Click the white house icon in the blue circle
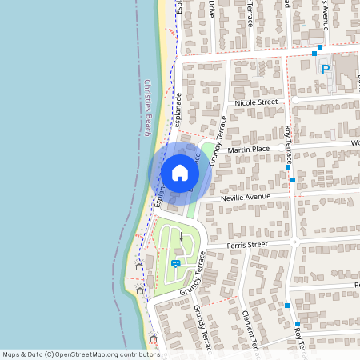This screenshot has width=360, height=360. [180, 172]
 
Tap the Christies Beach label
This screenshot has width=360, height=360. [148, 108]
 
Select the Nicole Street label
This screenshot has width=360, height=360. [255, 102]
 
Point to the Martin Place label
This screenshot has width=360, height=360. [249, 149]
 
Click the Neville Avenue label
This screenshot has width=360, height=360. [246, 197]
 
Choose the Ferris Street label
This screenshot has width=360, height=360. [246, 245]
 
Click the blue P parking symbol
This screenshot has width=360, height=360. [326, 70]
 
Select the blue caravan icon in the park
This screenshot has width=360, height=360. [175, 263]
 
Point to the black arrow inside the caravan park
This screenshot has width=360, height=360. [182, 237]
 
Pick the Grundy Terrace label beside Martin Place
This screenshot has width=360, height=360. [218, 141]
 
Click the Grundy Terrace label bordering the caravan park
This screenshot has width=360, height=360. [194, 271]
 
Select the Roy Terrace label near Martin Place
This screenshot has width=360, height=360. [289, 145]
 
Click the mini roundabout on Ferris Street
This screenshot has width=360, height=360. [294, 242]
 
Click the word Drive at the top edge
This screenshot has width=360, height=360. [212, 9]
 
